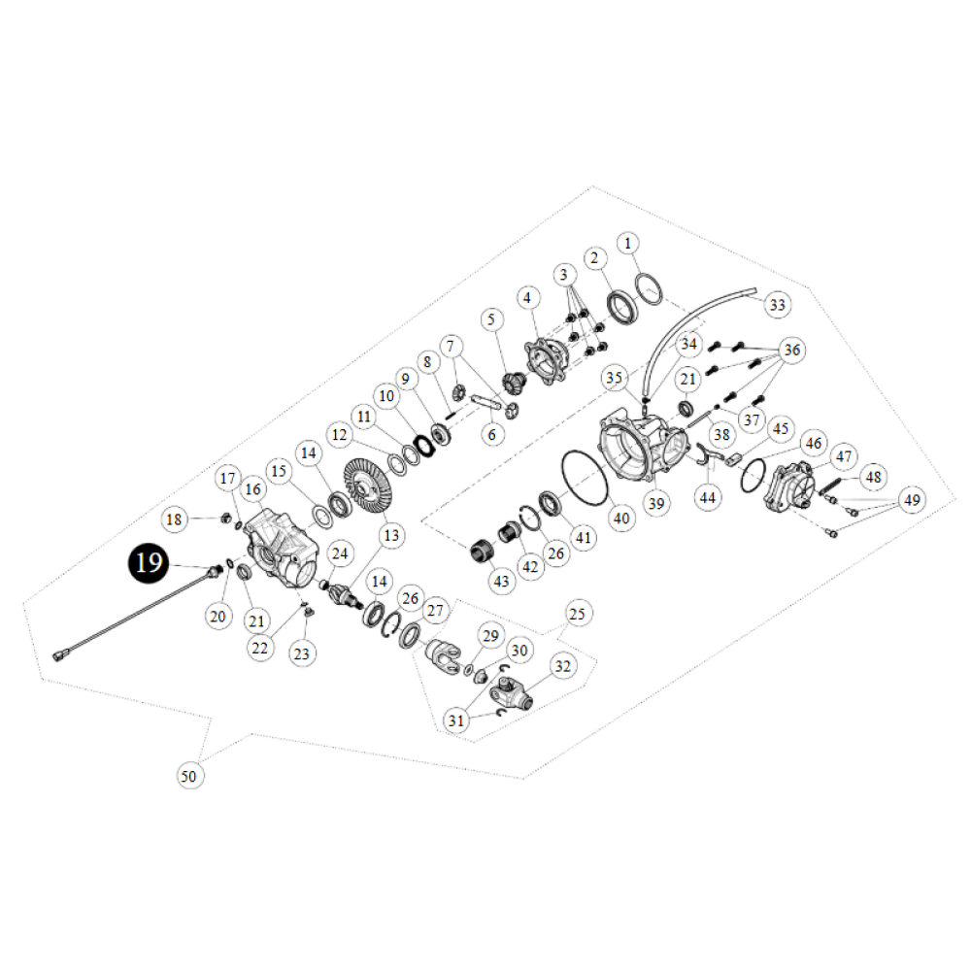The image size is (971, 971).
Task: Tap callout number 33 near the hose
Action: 777,304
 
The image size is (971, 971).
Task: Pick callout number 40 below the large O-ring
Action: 621,518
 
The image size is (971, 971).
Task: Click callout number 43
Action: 501,580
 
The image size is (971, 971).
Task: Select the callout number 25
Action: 577,615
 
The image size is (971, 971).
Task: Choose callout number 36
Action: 791,350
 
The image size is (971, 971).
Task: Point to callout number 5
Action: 491,318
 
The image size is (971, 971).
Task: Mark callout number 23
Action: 302,654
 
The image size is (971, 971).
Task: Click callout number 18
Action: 174,519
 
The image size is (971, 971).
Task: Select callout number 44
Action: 708,497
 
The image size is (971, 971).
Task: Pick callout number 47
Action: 842,456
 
